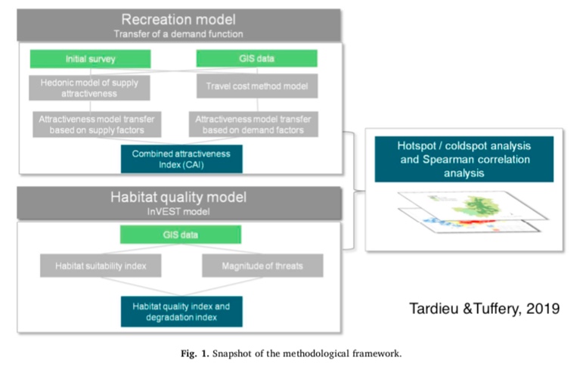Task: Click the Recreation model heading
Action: tap(178, 20)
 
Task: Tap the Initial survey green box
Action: tap(90, 59)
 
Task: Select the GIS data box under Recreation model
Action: tap(256, 58)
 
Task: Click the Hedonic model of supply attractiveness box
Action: tap(90, 88)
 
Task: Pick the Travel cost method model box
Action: tap(257, 86)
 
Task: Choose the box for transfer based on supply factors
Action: tap(97, 124)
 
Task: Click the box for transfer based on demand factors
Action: tap(253, 124)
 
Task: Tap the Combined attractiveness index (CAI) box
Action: tap(181, 159)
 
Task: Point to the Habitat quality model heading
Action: tap(178, 197)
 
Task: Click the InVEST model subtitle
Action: tap(178, 212)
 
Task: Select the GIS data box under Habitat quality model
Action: tap(180, 235)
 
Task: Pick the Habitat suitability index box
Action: tap(101, 266)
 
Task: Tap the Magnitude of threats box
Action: tap(262, 266)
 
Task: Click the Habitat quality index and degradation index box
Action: tap(181, 312)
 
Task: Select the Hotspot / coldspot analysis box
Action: tap(464, 160)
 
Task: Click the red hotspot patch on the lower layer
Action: tap(477, 222)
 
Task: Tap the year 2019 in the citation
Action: tap(543, 309)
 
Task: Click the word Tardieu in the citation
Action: tap(434, 309)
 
